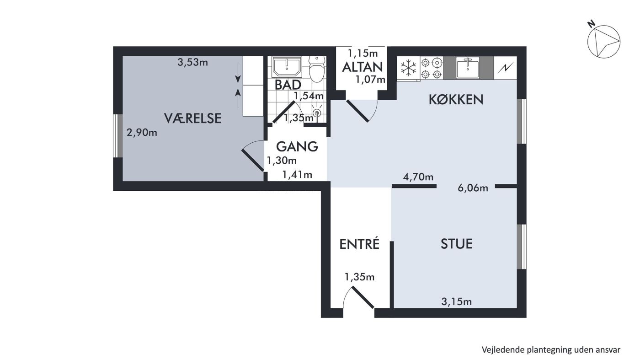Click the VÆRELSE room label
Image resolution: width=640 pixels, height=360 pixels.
coord(192,118)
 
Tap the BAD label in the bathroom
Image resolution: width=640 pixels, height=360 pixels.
coord(288,85)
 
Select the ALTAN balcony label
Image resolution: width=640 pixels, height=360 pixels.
coord(362,67)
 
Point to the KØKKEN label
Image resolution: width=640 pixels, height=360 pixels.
coord(456,100)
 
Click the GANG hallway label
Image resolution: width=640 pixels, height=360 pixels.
coord(297,146)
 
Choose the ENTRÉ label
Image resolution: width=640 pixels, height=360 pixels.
coord(359,244)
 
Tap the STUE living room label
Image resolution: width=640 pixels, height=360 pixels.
coord(457,244)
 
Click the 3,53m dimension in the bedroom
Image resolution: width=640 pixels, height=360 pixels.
coord(192,62)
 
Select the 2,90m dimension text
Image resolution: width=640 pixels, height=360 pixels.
coord(142,132)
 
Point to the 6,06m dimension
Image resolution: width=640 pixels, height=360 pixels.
coord(473,188)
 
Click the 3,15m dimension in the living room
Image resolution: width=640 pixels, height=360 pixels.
coord(457,301)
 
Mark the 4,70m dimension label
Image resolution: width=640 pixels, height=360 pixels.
coord(418,177)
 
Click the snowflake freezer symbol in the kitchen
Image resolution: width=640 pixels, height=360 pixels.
coord(409,68)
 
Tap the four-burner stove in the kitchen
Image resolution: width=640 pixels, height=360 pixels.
coord(432,68)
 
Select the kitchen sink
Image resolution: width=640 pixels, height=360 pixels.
coord(468,68)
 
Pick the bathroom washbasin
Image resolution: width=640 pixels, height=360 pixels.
coord(287,67)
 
